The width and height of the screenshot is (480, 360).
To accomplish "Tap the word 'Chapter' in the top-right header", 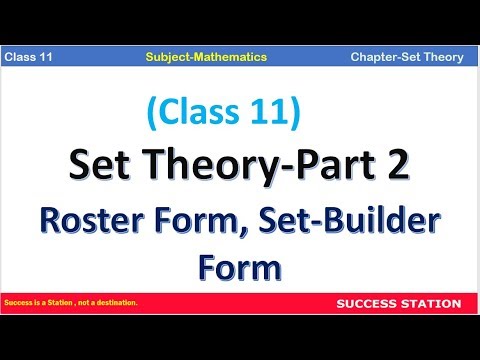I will [x=376, y=57].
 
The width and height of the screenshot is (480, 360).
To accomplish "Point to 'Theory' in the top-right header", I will [x=441, y=57].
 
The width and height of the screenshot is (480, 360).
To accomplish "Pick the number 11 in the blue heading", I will [x=277, y=117].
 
